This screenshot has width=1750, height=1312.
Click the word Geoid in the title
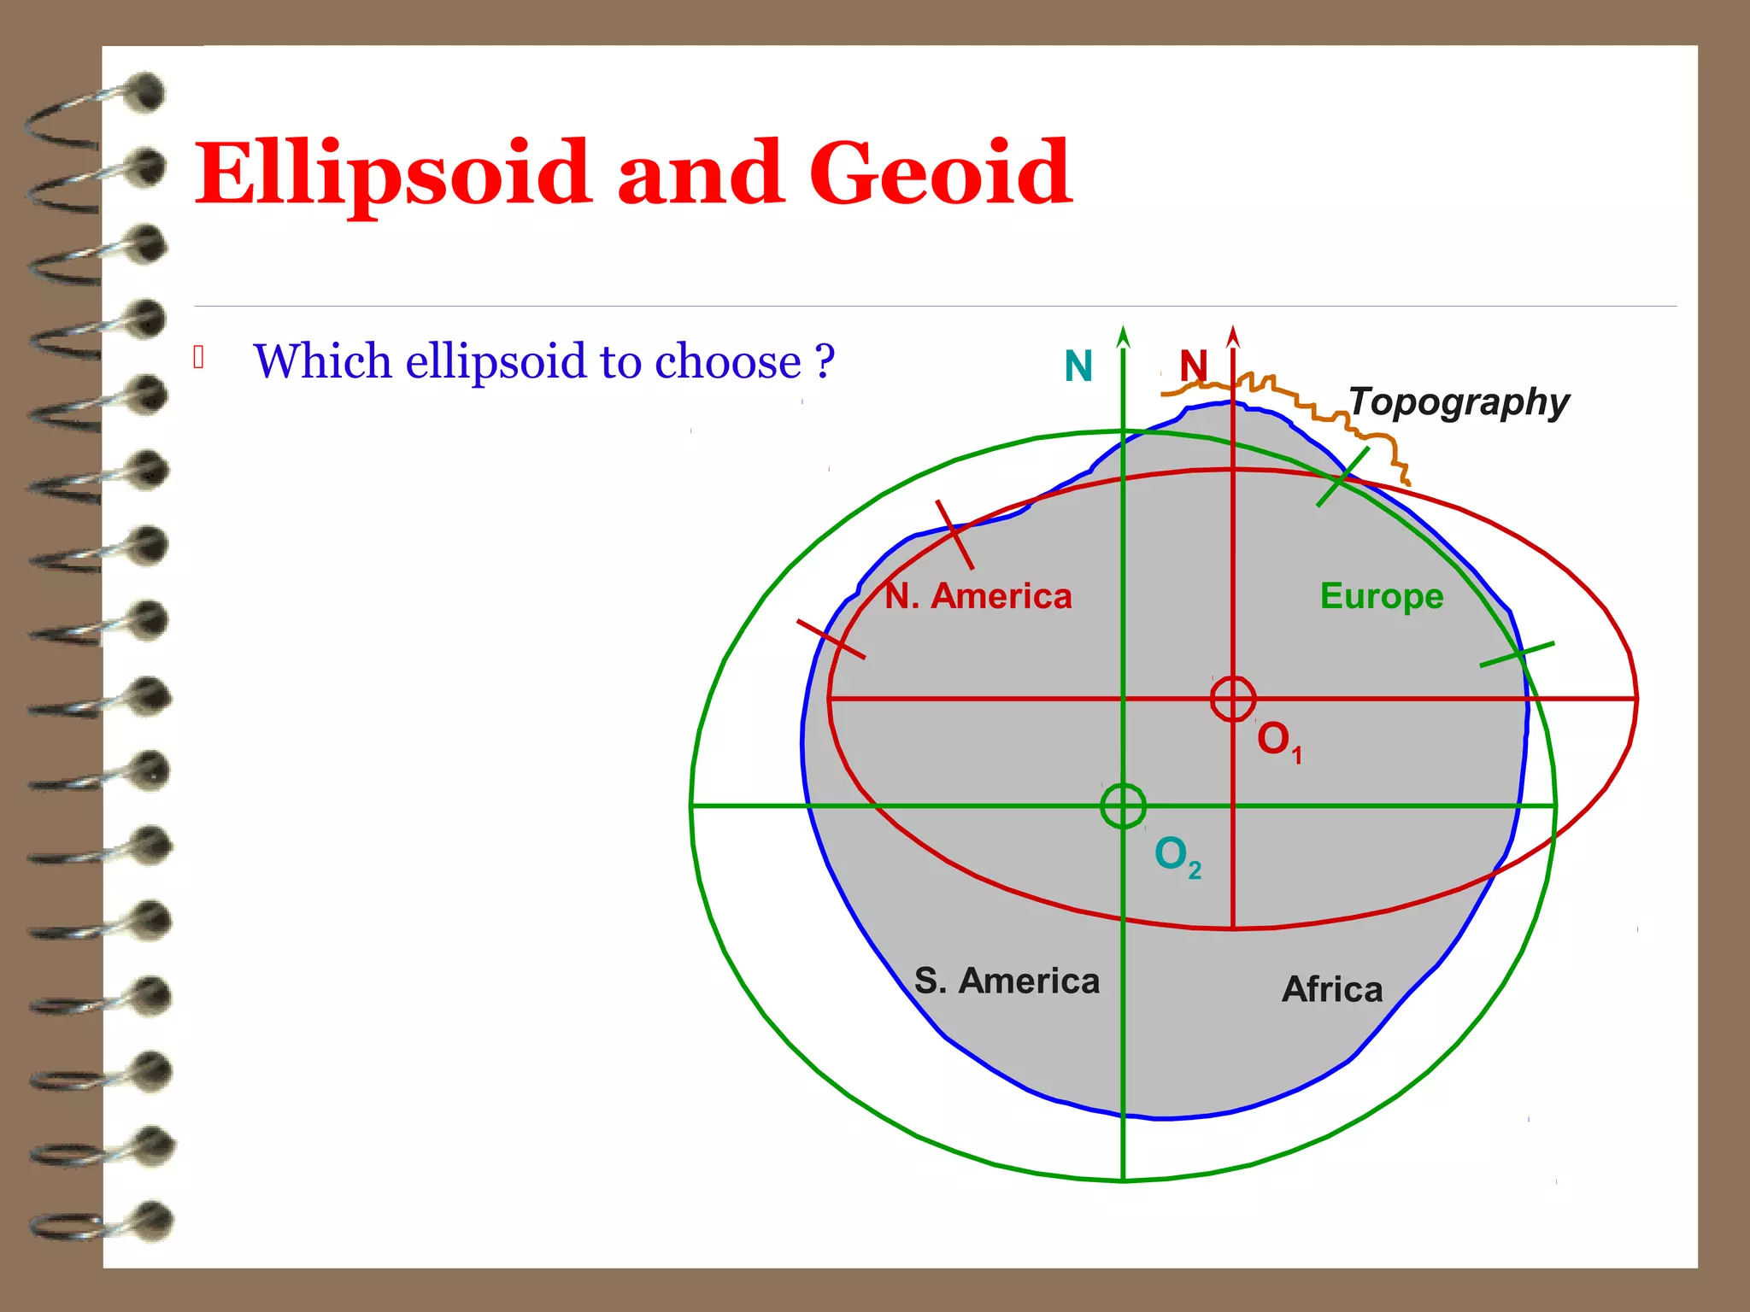tap(940, 173)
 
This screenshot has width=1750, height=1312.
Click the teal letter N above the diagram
tap(1078, 366)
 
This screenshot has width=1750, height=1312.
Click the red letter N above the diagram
tap(1193, 366)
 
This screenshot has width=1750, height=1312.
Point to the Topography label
tap(1459, 401)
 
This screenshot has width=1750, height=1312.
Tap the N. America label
tap(978, 595)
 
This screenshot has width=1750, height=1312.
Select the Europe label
tap(1381, 595)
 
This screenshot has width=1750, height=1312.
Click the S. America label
tap(1007, 981)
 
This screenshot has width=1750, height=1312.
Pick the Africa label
tap(1332, 989)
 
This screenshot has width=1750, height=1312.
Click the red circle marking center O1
tap(1232, 699)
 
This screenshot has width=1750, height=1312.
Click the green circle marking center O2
tap(1123, 805)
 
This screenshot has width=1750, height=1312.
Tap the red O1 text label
tap(1277, 740)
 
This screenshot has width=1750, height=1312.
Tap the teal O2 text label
tap(1177, 854)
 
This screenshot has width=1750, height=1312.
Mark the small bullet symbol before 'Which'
tap(199, 357)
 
